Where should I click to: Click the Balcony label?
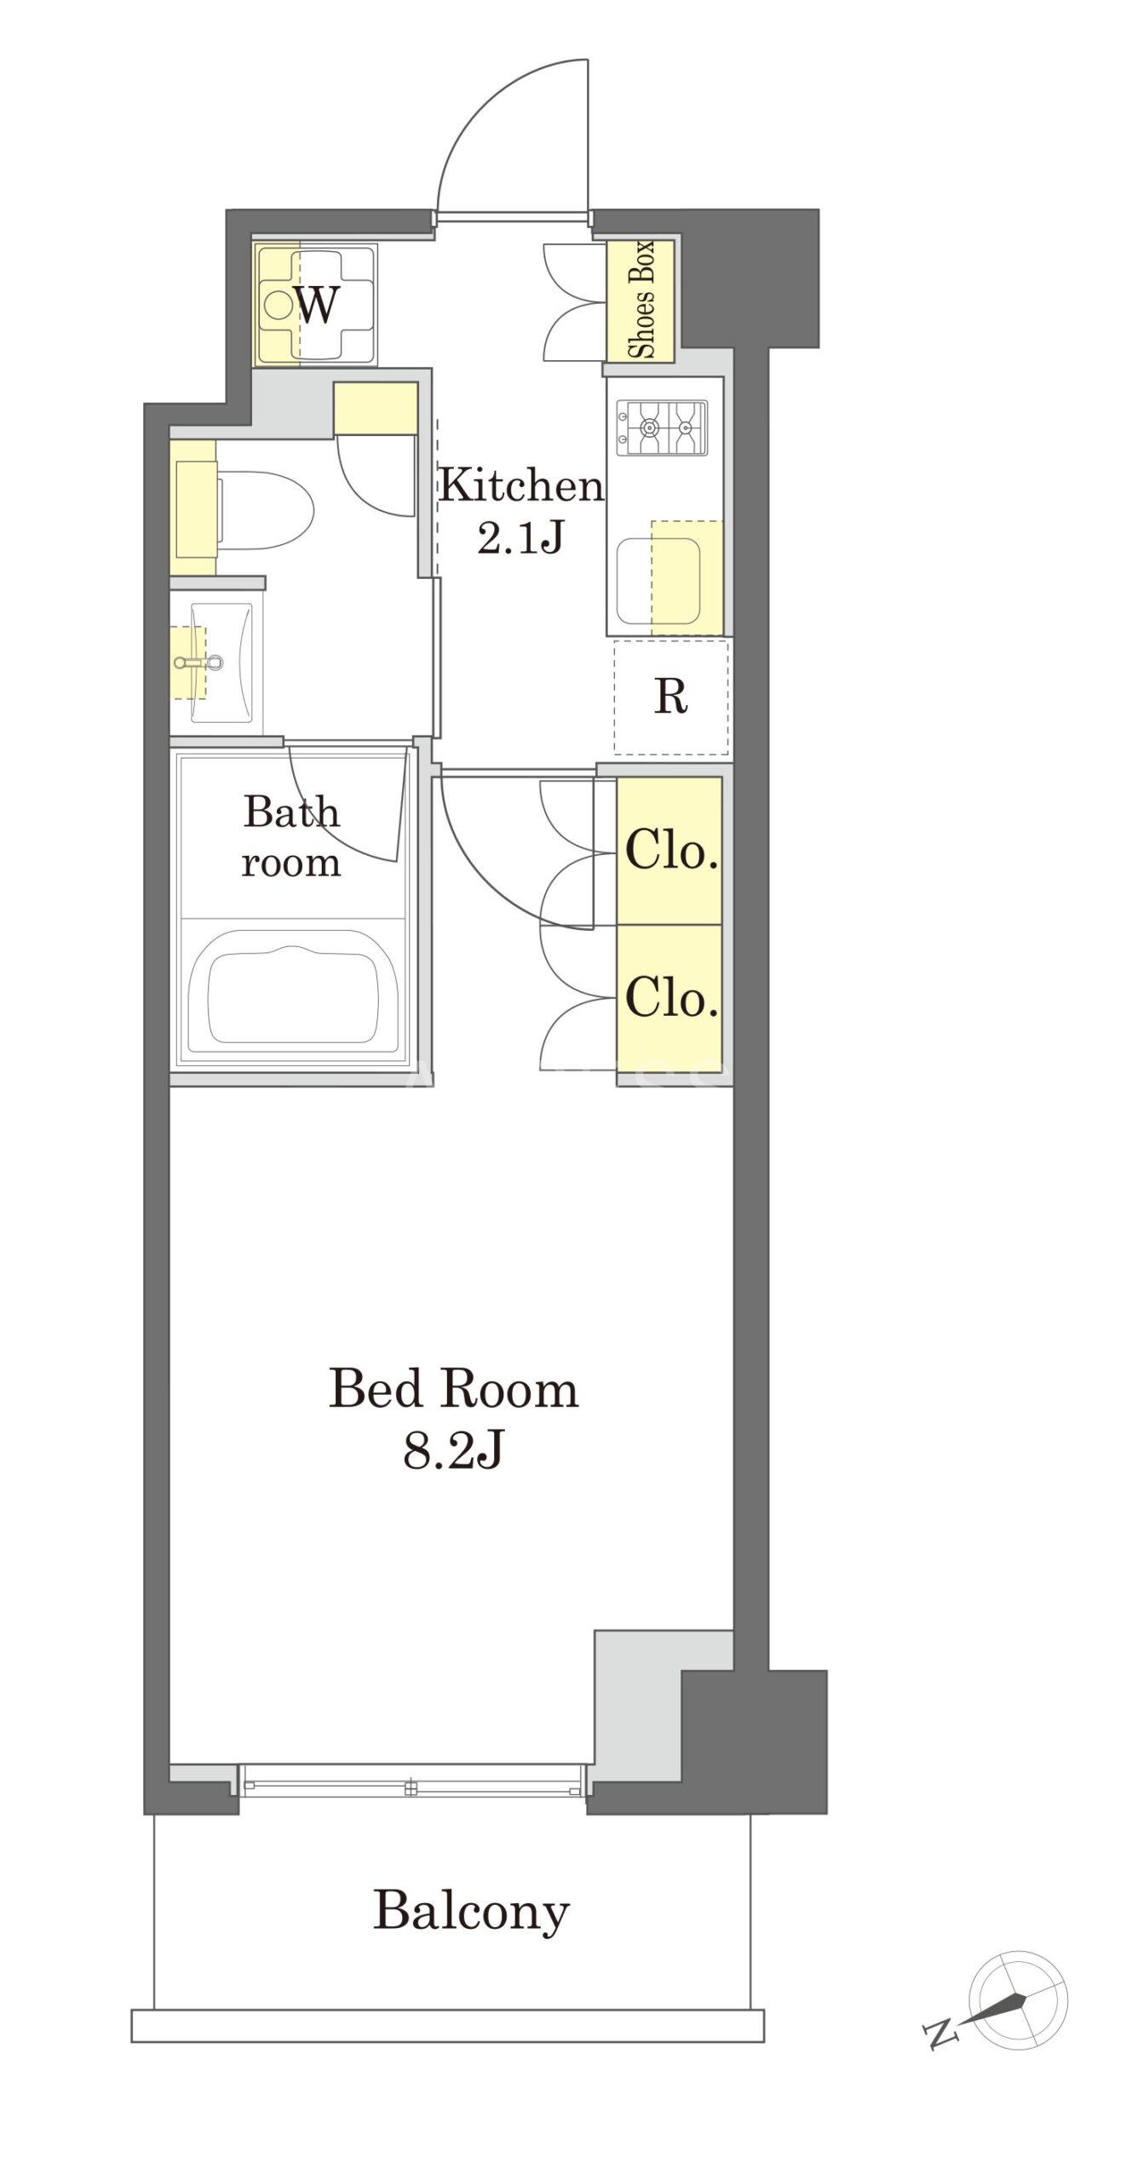[x=471, y=1912]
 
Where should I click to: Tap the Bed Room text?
[x=453, y=1389]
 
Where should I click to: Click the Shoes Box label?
[x=640, y=300]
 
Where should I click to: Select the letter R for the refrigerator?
[x=670, y=697]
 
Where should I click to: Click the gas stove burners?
[x=663, y=427]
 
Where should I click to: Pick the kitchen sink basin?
[x=658, y=580]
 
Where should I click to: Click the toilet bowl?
[x=266, y=510]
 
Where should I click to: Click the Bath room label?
[x=291, y=837]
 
